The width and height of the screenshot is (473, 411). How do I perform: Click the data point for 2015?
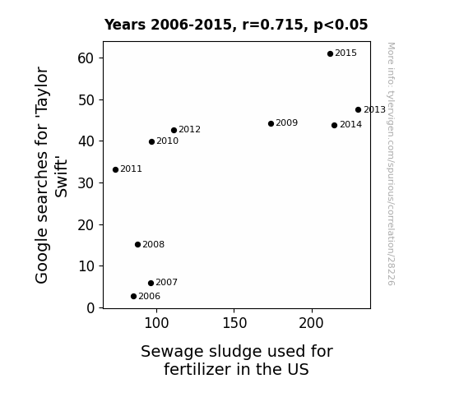330,53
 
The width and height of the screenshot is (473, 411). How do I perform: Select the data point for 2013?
358,110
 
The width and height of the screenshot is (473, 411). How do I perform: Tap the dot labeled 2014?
334,125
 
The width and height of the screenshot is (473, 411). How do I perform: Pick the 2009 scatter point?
271,123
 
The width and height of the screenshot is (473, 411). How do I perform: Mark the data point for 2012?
174,130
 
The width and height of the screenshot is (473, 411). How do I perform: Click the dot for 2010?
151,141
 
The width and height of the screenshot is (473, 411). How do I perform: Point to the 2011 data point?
115,170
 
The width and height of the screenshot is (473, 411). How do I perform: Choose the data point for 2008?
137,245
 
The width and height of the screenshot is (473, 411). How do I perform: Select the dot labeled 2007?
151,283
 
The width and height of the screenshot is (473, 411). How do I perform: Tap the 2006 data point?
133,297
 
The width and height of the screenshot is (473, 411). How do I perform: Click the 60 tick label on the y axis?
86,58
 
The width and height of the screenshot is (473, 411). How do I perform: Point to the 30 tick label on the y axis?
86,183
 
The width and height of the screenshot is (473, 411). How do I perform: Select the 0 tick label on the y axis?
90,308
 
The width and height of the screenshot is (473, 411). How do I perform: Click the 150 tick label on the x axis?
234,323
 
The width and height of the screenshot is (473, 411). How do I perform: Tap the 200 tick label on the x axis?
311,323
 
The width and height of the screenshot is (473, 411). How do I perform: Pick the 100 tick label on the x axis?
156,323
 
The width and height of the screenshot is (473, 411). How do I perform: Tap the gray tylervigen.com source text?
391,164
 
